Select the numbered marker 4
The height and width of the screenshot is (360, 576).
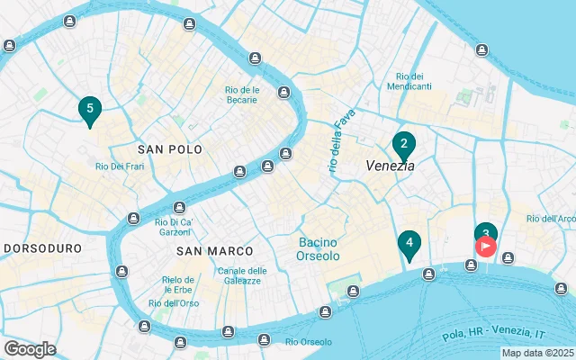[x=409, y=244]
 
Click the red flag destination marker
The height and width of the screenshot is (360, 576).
[x=486, y=245]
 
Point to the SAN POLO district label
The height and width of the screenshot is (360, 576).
[x=170, y=148]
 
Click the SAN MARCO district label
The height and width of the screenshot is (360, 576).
[x=215, y=250]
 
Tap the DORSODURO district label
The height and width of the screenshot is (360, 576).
[x=43, y=247]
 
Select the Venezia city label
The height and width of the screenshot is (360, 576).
[x=390, y=166]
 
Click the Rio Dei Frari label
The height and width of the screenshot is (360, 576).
[x=121, y=166]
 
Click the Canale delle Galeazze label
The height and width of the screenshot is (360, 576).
[x=242, y=275]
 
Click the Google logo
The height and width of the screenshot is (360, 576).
[x=30, y=349]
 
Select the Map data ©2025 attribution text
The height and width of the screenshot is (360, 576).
[x=537, y=353]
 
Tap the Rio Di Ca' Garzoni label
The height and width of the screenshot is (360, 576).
[x=175, y=227]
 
